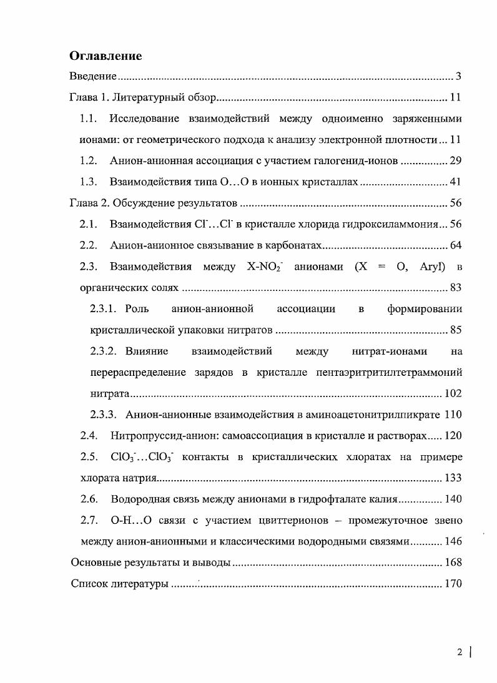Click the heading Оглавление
coord(106,56)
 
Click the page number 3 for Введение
coord(458,77)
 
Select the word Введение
coord(92,77)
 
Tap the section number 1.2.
coord(89,161)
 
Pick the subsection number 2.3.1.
coord(104,309)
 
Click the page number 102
coord(453,394)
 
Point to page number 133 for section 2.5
coord(453,478)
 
